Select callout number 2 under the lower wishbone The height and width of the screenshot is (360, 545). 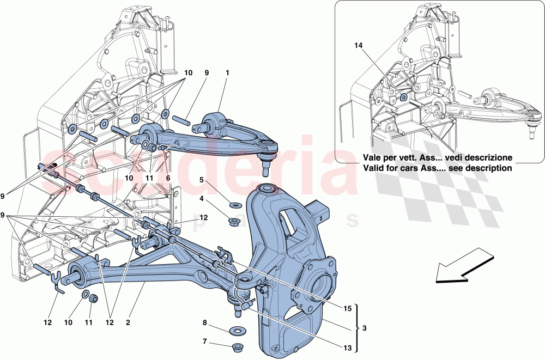tap(128, 322)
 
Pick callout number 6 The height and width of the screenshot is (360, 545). tap(168, 178)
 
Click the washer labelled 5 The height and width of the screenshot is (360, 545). tap(236, 205)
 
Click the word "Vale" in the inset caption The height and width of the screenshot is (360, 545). tap(374, 157)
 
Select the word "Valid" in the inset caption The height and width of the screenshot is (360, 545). tap(375, 168)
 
